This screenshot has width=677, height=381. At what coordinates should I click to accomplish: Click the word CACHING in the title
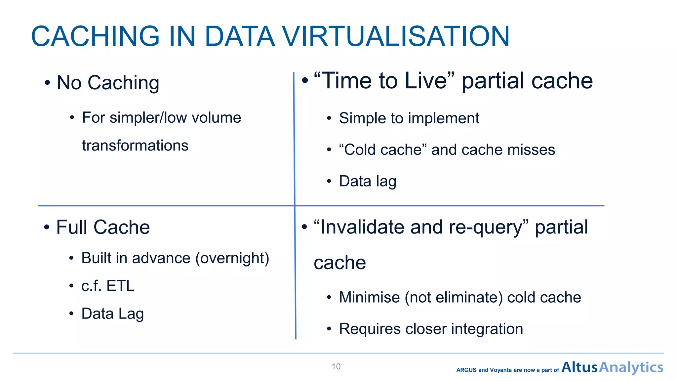tap(96, 36)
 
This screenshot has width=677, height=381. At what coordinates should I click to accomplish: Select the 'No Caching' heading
tap(108, 83)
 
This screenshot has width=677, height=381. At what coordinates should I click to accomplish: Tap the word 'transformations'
tap(135, 146)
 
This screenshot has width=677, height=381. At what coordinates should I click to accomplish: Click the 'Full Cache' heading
tap(103, 227)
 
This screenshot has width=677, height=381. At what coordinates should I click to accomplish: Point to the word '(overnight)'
tap(232, 258)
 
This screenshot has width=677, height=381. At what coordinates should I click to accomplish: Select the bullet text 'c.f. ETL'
tap(108, 286)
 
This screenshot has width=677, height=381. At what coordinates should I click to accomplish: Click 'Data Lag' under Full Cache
tap(112, 314)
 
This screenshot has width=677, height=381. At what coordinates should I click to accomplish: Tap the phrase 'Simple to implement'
tap(409, 118)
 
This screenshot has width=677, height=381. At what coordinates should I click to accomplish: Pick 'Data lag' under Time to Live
tap(368, 181)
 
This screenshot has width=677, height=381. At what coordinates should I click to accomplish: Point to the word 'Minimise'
tap(369, 297)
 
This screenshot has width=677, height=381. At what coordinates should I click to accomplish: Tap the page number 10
tap(336, 366)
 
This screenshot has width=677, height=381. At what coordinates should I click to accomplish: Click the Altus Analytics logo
tap(612, 367)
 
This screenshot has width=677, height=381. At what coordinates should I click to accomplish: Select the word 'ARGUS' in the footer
tap(466, 370)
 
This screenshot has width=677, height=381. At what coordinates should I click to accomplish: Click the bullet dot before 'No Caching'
tap(48, 83)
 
